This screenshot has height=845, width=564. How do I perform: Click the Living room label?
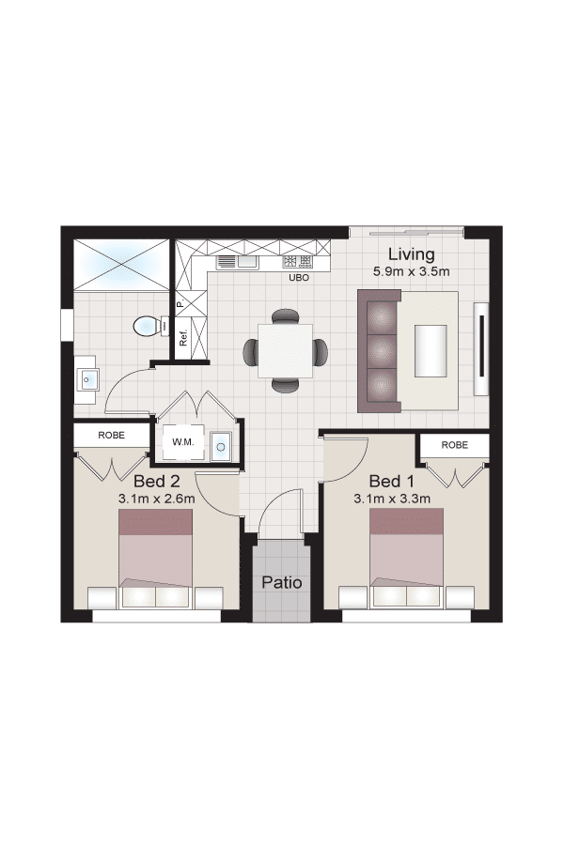[x=412, y=254]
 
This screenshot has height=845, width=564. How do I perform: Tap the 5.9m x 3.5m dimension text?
[x=412, y=271]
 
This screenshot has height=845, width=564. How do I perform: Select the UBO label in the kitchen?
[x=299, y=278]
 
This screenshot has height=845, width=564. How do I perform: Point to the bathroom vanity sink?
[x=88, y=379]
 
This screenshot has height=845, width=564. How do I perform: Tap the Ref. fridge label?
[x=183, y=338]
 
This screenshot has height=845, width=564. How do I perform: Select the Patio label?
[x=282, y=582]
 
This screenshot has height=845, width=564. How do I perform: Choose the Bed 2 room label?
[x=157, y=480]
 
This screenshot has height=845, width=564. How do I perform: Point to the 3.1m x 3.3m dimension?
[x=392, y=499]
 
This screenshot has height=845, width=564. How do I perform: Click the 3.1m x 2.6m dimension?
[x=157, y=499]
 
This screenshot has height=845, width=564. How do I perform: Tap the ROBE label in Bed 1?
[x=454, y=445]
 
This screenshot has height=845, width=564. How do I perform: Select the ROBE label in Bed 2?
[x=111, y=435]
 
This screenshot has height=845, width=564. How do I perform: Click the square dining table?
[x=286, y=351]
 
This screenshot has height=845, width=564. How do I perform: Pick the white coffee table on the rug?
[x=431, y=351]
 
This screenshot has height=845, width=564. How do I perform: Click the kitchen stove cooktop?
[x=297, y=262]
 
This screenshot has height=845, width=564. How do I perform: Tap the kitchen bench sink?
[x=237, y=263]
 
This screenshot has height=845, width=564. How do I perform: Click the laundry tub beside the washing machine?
[x=220, y=446]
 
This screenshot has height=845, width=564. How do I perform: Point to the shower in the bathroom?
[x=121, y=264]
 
